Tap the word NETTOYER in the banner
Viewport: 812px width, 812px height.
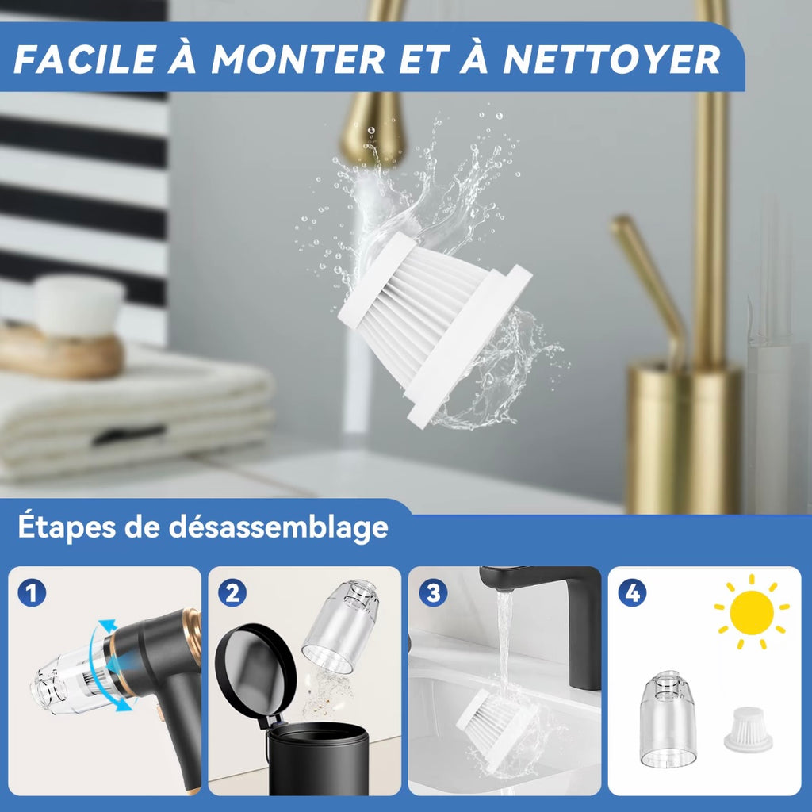[x=611, y=59]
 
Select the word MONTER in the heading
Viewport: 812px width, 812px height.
[x=298, y=59]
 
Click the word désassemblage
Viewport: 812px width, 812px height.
[x=278, y=527]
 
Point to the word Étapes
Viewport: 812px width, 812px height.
[x=67, y=527]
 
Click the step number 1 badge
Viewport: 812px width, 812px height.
[x=32, y=593]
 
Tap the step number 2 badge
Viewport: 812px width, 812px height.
[x=232, y=593]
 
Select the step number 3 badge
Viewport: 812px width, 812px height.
[x=433, y=593]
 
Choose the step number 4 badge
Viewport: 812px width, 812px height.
[x=632, y=593]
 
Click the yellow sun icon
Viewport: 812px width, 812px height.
[x=752, y=612]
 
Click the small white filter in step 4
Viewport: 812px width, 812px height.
[x=748, y=730]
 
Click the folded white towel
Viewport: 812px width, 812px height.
[x=136, y=410]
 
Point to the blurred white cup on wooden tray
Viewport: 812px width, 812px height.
[x=79, y=305]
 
